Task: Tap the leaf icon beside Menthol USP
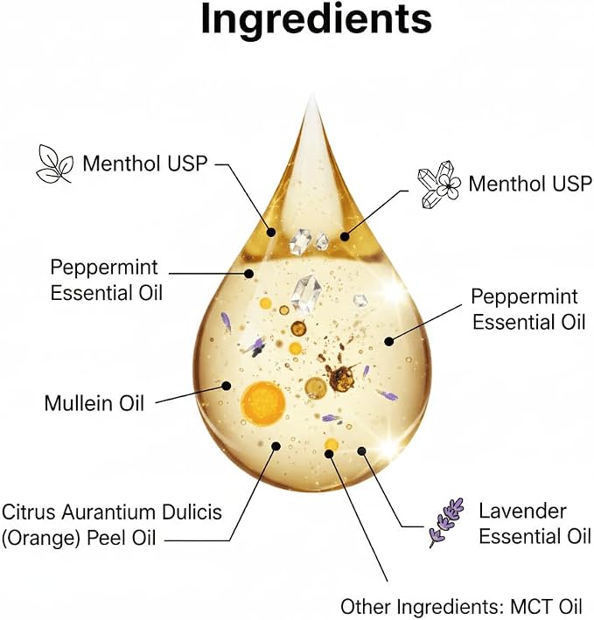(54, 164)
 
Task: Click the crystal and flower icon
(439, 185)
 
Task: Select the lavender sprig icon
(446, 522)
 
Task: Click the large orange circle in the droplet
(263, 403)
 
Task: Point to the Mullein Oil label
(94, 403)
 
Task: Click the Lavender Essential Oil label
(535, 524)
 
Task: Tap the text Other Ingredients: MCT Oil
(461, 606)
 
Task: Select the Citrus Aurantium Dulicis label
(111, 525)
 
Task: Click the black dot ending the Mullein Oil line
(227, 386)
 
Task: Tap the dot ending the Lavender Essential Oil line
(361, 450)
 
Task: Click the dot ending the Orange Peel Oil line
(276, 446)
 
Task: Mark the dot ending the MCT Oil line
(329, 453)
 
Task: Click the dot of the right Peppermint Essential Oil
(389, 341)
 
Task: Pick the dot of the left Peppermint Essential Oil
(249, 273)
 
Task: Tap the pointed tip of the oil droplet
(313, 94)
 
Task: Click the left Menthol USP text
(145, 164)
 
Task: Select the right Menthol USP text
(530, 184)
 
